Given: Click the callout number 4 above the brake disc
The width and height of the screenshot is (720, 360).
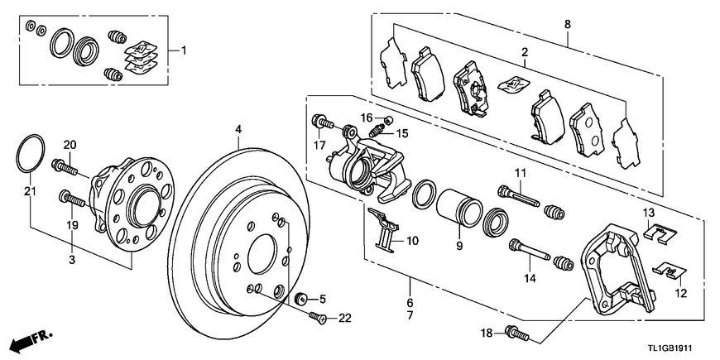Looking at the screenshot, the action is (238, 129).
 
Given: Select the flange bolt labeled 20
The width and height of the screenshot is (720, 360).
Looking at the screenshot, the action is (65, 166).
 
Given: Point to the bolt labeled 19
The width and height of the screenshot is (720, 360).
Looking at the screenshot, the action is (72, 199).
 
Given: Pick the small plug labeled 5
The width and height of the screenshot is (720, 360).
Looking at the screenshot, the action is (302, 298).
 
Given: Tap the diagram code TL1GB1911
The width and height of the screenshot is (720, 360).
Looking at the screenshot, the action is (670, 348).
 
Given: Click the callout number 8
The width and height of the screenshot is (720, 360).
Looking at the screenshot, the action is (568, 24).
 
